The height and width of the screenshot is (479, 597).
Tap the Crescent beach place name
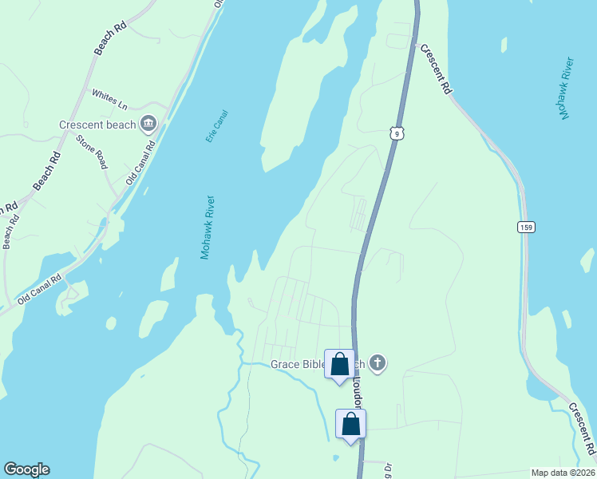tap(97, 125)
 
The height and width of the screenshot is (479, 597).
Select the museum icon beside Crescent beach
tap(148, 123)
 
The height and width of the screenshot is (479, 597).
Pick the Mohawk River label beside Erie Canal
tap(209, 227)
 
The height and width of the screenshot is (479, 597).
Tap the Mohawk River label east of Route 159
tap(567, 89)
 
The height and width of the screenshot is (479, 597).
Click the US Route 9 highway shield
tap(397, 133)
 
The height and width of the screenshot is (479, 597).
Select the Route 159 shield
tap(525, 228)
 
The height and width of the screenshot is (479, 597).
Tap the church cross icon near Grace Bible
tap(378, 364)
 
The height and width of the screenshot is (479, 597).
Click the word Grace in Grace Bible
tap(285, 365)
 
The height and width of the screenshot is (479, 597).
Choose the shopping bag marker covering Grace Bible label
tap(339, 365)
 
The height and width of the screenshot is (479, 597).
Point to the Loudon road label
tap(358, 391)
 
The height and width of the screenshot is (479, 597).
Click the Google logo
tap(26, 469)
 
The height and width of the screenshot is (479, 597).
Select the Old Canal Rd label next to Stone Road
tap(140, 165)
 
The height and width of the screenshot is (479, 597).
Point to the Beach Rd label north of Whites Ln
tap(111, 38)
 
